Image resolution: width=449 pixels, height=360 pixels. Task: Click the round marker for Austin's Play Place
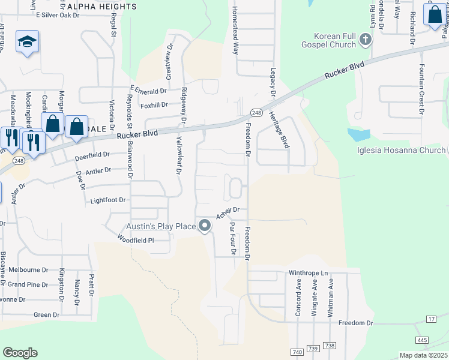point(205,226)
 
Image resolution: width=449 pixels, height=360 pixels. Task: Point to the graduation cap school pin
point(27,41)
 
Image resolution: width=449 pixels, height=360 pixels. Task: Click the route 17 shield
point(431,319)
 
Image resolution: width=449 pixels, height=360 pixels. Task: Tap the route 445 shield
point(422,341)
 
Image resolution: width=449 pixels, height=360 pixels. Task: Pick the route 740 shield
point(297,352)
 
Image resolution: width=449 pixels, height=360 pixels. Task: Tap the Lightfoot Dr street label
point(109,200)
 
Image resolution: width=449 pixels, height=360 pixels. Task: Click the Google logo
point(20,353)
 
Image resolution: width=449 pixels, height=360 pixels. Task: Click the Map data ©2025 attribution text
point(423,355)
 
